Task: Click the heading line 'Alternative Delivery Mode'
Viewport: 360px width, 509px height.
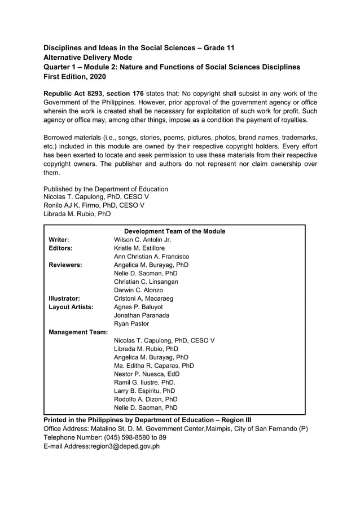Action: [88, 57]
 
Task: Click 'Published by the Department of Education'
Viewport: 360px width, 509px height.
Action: [106, 189]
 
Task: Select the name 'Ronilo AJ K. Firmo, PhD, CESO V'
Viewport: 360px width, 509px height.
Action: [94, 205]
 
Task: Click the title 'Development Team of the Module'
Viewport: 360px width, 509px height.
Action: [174, 231]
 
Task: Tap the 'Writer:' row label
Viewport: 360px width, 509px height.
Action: [59, 240]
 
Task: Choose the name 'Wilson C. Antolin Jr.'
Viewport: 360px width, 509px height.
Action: [142, 240]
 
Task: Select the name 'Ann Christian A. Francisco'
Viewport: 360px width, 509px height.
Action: [151, 256]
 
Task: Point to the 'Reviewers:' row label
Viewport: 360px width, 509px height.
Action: [65, 265]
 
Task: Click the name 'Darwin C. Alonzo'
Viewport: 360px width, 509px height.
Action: [138, 290]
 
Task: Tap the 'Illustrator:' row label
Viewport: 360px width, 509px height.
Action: [64, 299]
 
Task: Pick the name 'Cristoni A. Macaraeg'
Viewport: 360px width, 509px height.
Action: [143, 299]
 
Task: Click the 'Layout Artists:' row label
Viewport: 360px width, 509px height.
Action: [71, 307]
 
